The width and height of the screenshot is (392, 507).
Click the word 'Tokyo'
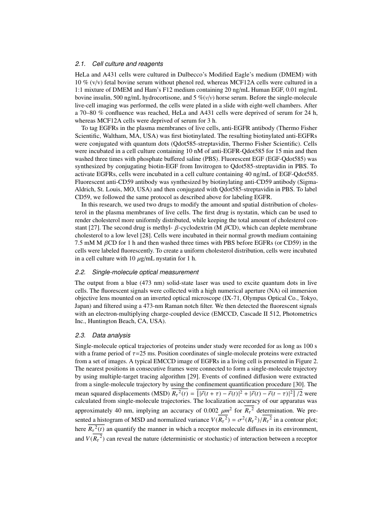tap(308, 298)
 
